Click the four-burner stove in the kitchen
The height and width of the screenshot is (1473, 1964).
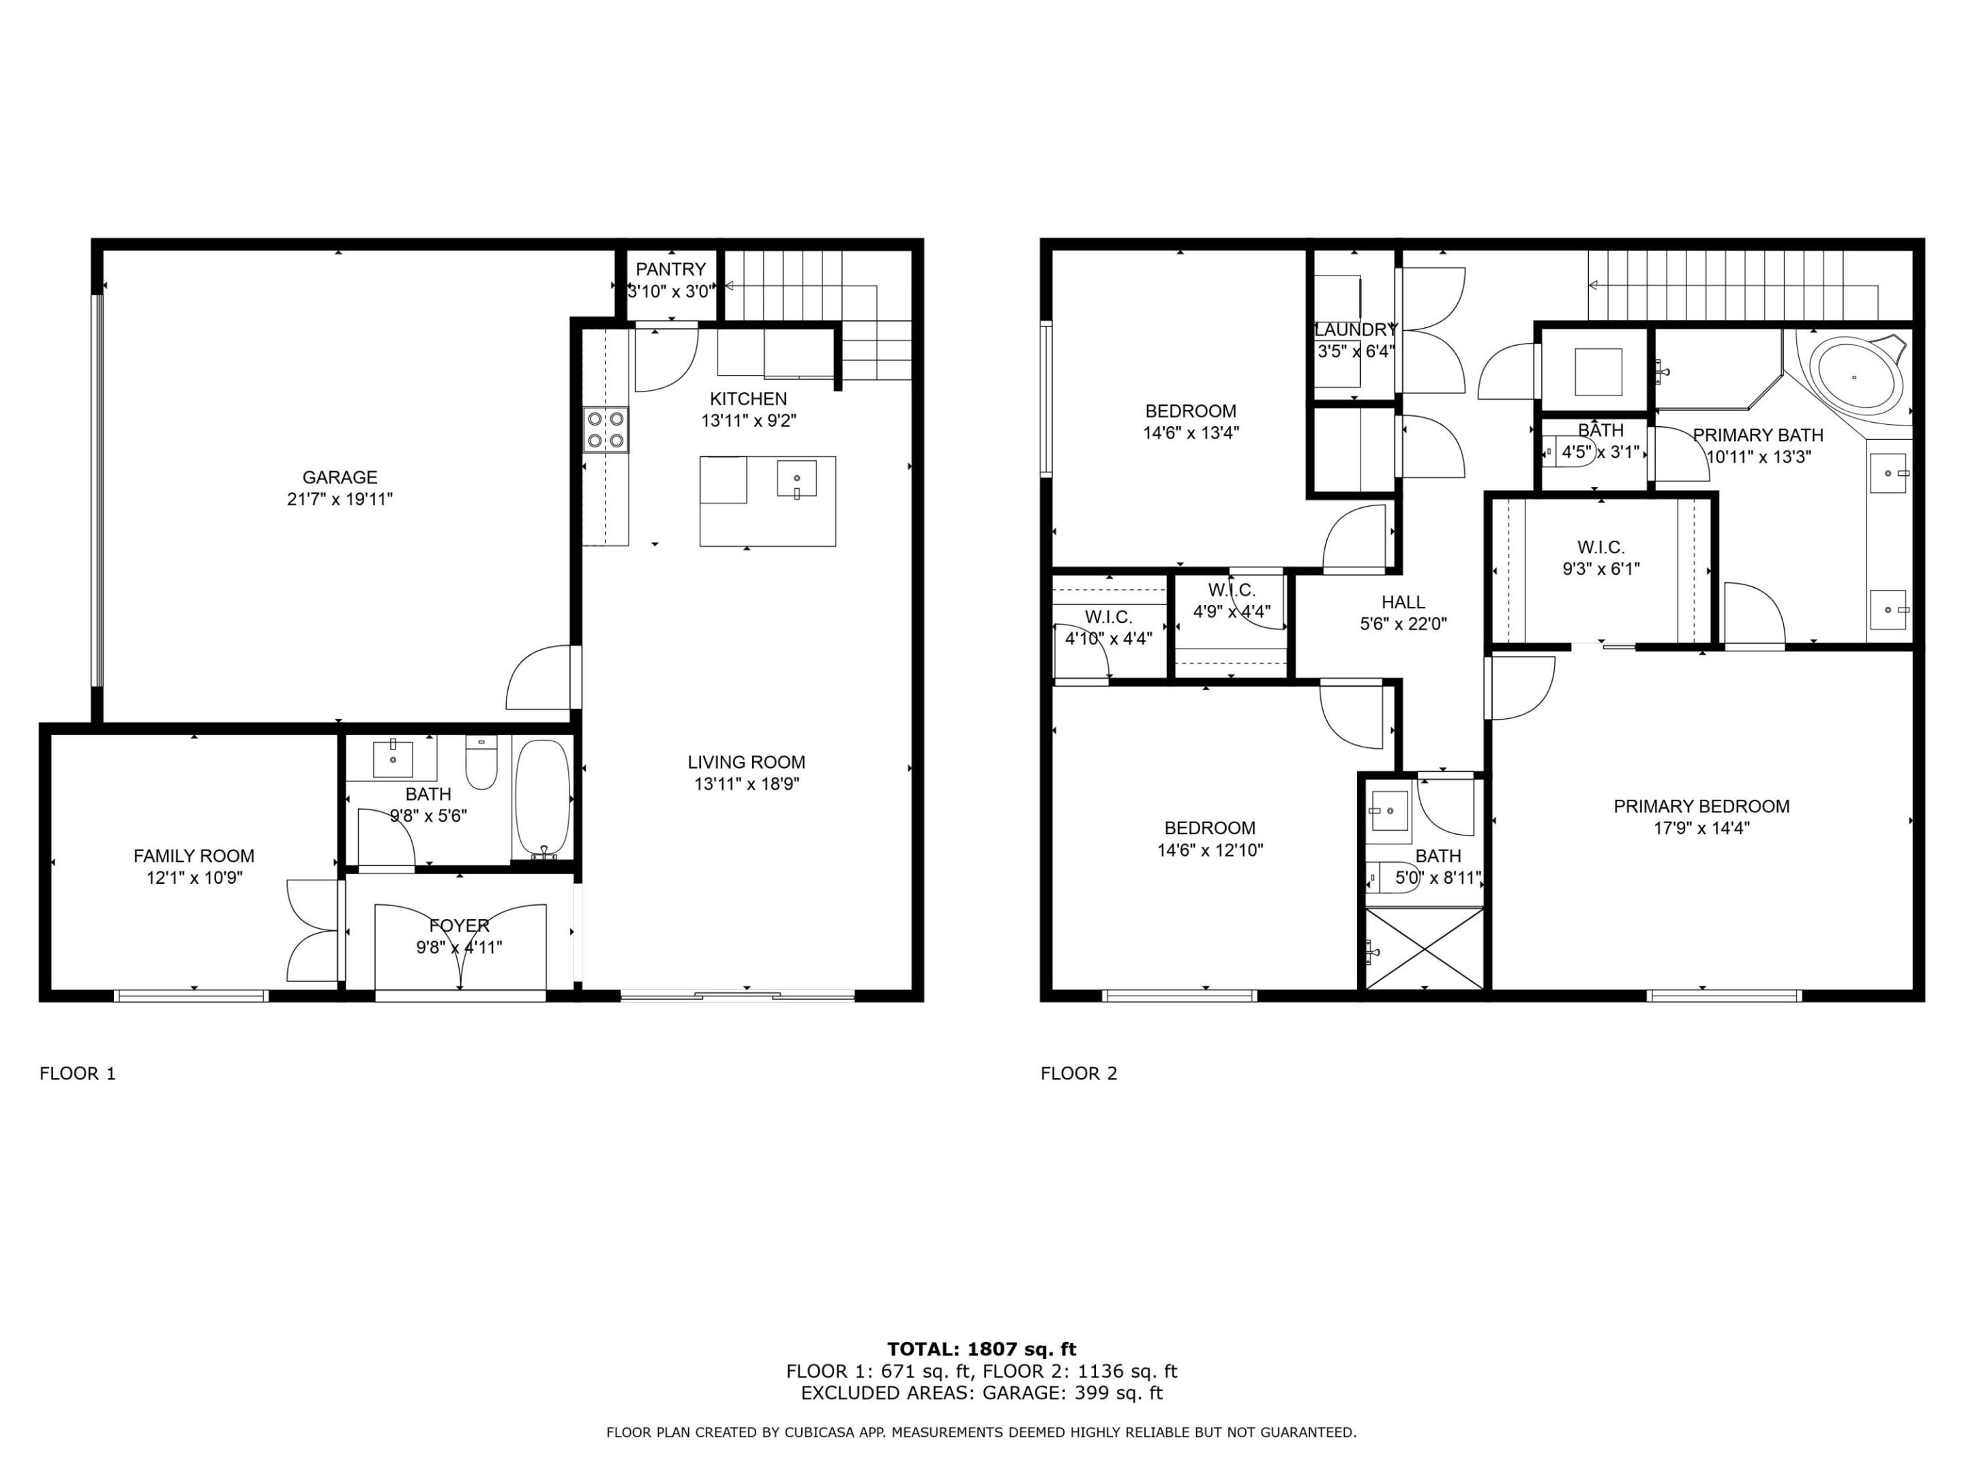[x=606, y=430]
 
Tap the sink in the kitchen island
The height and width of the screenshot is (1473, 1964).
[x=797, y=479]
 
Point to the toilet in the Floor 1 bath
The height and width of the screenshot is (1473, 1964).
[x=481, y=764]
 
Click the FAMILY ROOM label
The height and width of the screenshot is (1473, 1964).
[x=194, y=856]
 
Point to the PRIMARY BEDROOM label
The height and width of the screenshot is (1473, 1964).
[x=1701, y=806]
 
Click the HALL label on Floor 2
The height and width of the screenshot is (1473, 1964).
[x=1403, y=602]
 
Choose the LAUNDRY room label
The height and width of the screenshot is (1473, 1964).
[x=1356, y=330]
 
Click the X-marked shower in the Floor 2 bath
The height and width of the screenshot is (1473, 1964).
[x=1424, y=949]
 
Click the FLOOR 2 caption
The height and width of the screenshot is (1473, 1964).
[x=1079, y=1073]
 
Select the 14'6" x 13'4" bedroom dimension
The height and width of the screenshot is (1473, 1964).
[x=1191, y=433]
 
